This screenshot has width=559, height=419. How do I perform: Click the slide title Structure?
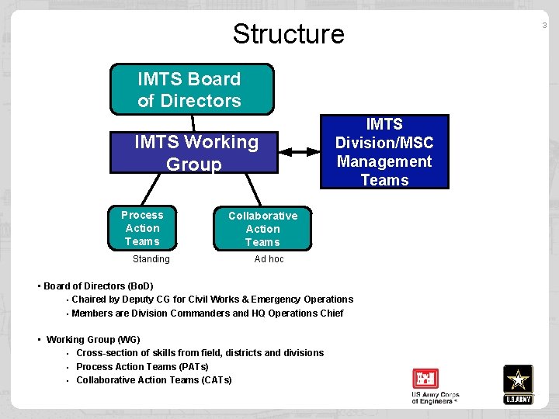coord(288,34)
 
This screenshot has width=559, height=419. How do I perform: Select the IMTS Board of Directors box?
coord(192,89)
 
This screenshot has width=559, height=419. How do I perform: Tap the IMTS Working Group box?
coord(195,153)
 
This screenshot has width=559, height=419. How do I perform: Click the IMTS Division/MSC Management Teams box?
coord(384,152)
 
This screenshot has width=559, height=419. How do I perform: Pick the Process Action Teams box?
coord(143,228)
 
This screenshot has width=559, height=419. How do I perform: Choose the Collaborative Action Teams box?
coord(262,229)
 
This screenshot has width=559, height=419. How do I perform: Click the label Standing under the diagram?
coord(151,259)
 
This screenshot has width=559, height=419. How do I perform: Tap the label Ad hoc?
coord(269,259)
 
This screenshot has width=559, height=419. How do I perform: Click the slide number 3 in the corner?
coord(544,26)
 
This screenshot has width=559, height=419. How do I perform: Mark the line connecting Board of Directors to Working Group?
coord(193,123)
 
